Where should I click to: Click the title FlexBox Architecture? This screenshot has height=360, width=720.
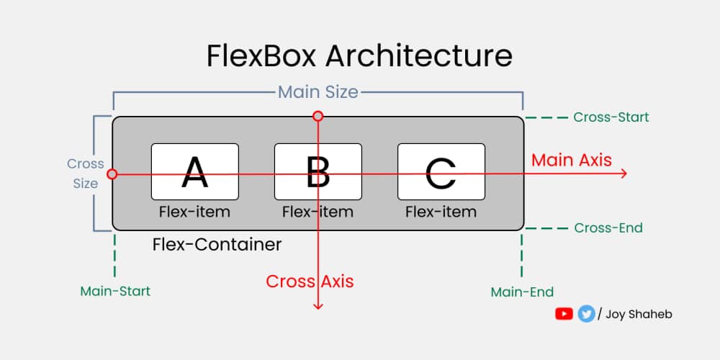(359, 56)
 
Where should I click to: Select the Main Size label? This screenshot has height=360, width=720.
(318, 92)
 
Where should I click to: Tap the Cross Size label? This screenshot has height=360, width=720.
(85, 174)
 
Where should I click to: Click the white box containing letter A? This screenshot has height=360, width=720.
(194, 171)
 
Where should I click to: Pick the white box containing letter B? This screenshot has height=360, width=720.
(318, 171)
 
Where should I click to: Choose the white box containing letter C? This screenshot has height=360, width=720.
(441, 171)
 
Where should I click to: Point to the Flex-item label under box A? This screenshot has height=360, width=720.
(194, 212)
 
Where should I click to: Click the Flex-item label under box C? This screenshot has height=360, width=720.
(441, 212)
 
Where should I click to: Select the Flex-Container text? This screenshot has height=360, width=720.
(217, 245)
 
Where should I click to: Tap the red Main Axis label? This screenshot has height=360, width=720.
(571, 160)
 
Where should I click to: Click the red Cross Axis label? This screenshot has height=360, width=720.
(310, 282)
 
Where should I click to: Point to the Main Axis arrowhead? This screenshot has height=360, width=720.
(624, 174)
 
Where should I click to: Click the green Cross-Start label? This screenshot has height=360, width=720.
(611, 117)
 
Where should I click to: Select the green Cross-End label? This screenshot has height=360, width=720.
(608, 228)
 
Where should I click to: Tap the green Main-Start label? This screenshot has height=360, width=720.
(115, 292)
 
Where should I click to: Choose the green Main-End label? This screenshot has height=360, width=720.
(522, 292)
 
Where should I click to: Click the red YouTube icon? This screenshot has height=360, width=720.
(564, 314)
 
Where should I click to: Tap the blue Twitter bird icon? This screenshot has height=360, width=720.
(586, 314)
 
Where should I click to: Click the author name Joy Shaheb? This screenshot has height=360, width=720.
(639, 314)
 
